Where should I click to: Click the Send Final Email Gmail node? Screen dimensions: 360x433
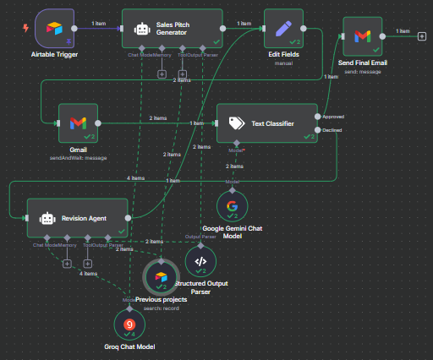(362, 35)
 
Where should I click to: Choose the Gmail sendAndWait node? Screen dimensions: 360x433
(77, 124)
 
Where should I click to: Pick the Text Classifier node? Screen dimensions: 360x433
(267, 124)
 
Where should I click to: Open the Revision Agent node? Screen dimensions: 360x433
(77, 218)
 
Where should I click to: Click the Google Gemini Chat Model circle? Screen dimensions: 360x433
(232, 206)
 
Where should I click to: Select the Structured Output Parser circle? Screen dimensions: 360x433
(200, 261)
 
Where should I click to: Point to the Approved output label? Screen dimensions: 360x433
(334, 117)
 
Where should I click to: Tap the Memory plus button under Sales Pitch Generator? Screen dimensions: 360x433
(162, 74)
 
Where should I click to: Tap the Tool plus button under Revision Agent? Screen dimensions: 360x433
(87, 263)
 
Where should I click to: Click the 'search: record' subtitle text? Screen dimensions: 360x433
(161, 308)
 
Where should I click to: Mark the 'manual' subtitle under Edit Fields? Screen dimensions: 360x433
(283, 63)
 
